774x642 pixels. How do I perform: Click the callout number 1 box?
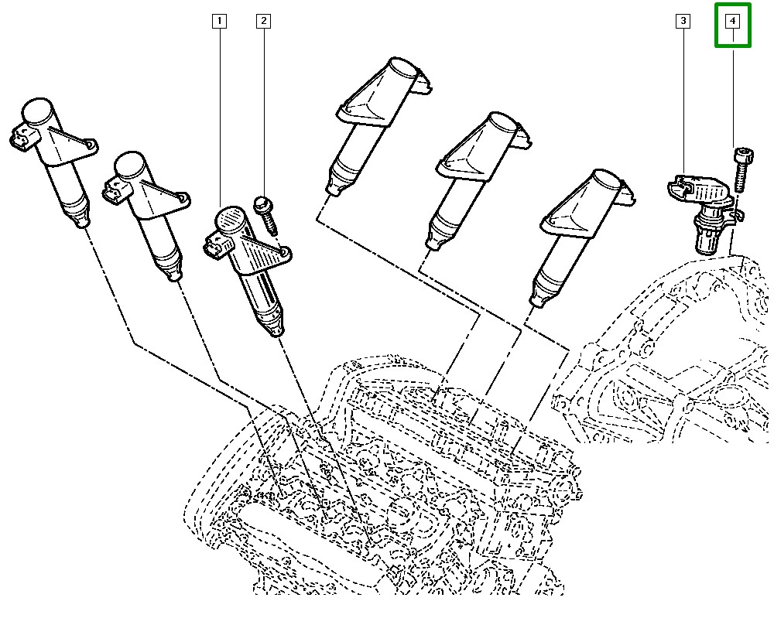click(220, 21)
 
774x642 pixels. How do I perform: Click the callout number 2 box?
click(263, 21)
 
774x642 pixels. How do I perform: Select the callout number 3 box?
click(683, 21)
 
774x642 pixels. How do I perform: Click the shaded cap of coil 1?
click(229, 220)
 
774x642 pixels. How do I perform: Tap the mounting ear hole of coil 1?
click(284, 252)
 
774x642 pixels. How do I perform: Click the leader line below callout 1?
click(220, 116)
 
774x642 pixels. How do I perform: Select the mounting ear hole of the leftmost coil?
click(91, 145)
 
